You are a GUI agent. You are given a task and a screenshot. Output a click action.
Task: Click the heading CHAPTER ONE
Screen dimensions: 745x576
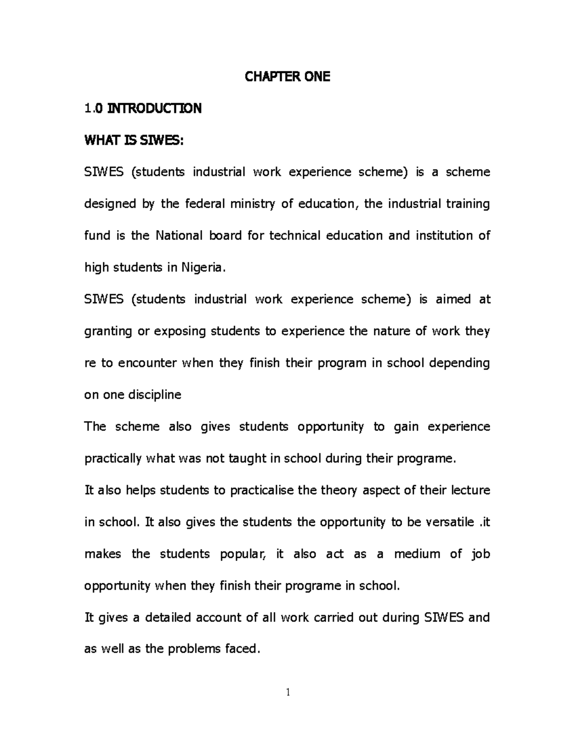click(288, 77)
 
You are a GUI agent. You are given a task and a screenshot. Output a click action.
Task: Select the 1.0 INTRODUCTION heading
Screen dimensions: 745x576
click(143, 109)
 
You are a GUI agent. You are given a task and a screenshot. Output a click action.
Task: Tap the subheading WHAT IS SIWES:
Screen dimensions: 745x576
click(134, 141)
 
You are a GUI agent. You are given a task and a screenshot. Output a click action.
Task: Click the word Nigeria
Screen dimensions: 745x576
click(202, 268)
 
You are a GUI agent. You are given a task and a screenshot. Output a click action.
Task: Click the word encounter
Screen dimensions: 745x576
click(147, 363)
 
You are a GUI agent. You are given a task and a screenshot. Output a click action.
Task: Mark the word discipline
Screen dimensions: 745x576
click(155, 395)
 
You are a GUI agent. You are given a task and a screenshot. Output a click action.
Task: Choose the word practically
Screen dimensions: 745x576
click(113, 459)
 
